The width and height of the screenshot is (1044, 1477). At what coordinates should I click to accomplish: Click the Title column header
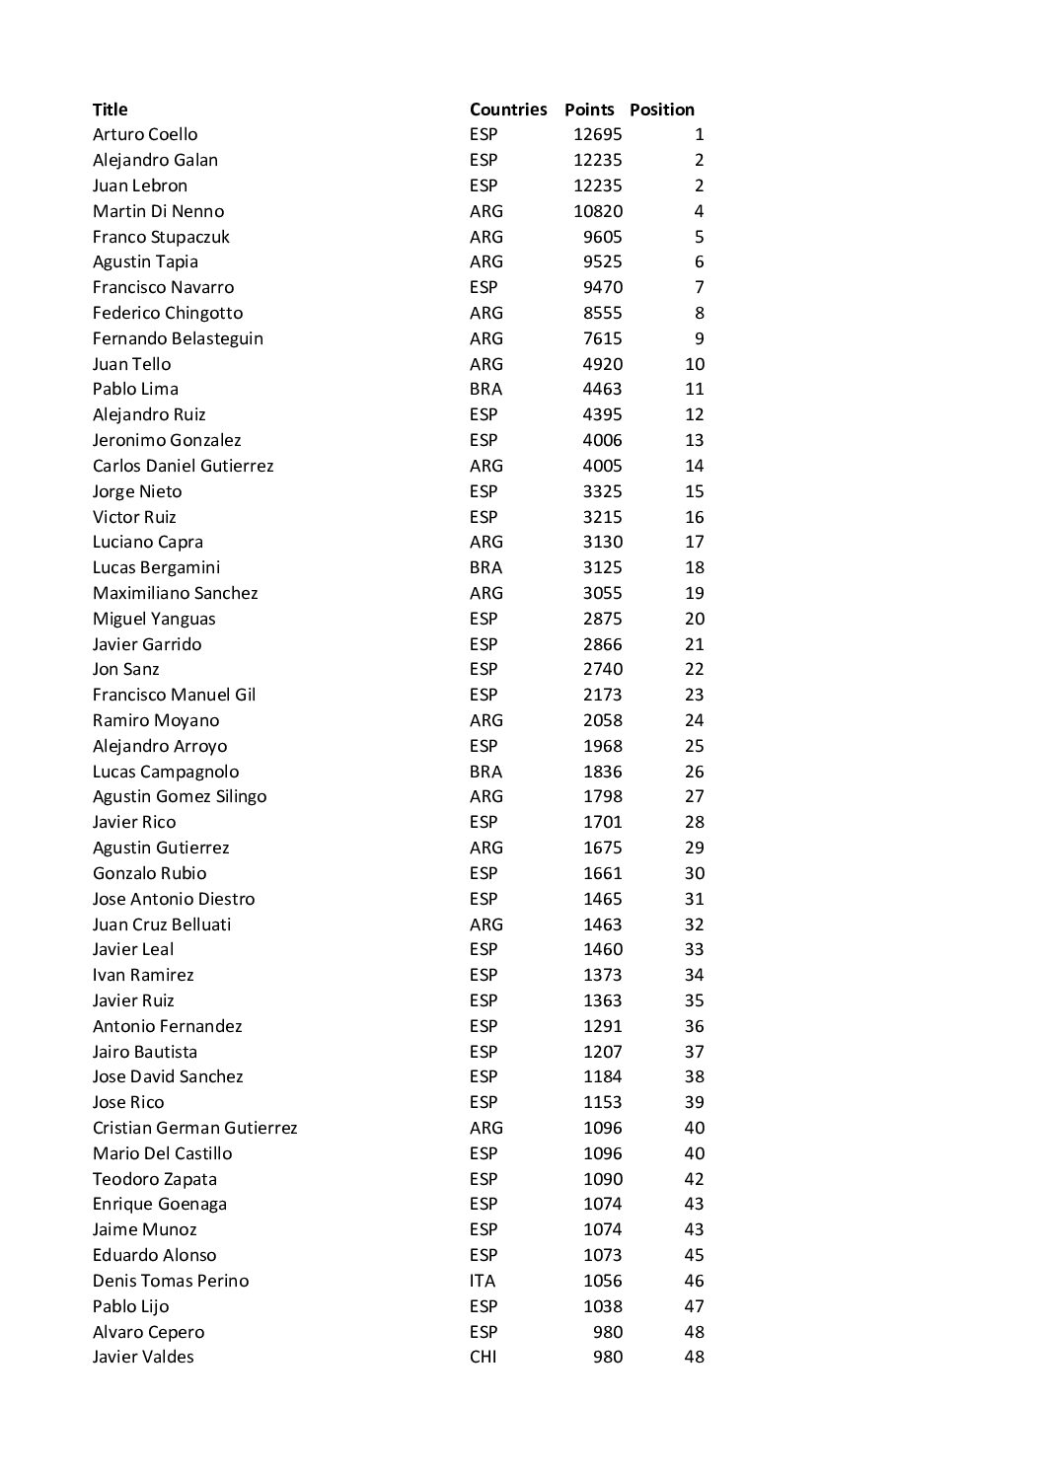111,110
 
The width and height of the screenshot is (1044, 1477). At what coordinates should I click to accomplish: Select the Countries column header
507,110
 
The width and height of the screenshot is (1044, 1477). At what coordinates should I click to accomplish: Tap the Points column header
589,110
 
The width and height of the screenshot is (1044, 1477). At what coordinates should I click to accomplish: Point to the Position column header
662,110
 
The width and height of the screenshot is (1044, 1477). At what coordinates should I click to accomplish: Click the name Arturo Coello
145,134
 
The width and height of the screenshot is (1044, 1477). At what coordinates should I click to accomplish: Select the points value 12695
598,134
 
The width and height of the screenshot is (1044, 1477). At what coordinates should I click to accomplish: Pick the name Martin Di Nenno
158,211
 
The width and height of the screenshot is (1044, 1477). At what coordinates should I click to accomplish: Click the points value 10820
598,211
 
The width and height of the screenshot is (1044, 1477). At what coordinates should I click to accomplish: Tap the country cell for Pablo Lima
485,389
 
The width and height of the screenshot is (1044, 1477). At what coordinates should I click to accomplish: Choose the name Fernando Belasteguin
178,338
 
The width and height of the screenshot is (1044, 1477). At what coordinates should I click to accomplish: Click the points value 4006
602,440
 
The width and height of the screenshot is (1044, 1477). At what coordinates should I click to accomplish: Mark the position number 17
695,542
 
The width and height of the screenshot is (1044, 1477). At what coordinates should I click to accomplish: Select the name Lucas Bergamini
156,567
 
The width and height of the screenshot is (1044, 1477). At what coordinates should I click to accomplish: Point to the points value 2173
602,695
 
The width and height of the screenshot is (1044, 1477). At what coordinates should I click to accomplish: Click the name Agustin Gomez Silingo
180,796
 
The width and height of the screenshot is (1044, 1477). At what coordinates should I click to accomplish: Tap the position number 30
695,873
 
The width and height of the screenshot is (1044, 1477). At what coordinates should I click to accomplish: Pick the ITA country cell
483,1281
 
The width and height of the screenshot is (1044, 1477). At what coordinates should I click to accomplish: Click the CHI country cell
484,1357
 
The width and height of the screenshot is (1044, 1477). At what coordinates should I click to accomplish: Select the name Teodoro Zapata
155,1179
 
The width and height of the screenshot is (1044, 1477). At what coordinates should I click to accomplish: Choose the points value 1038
602,1306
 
